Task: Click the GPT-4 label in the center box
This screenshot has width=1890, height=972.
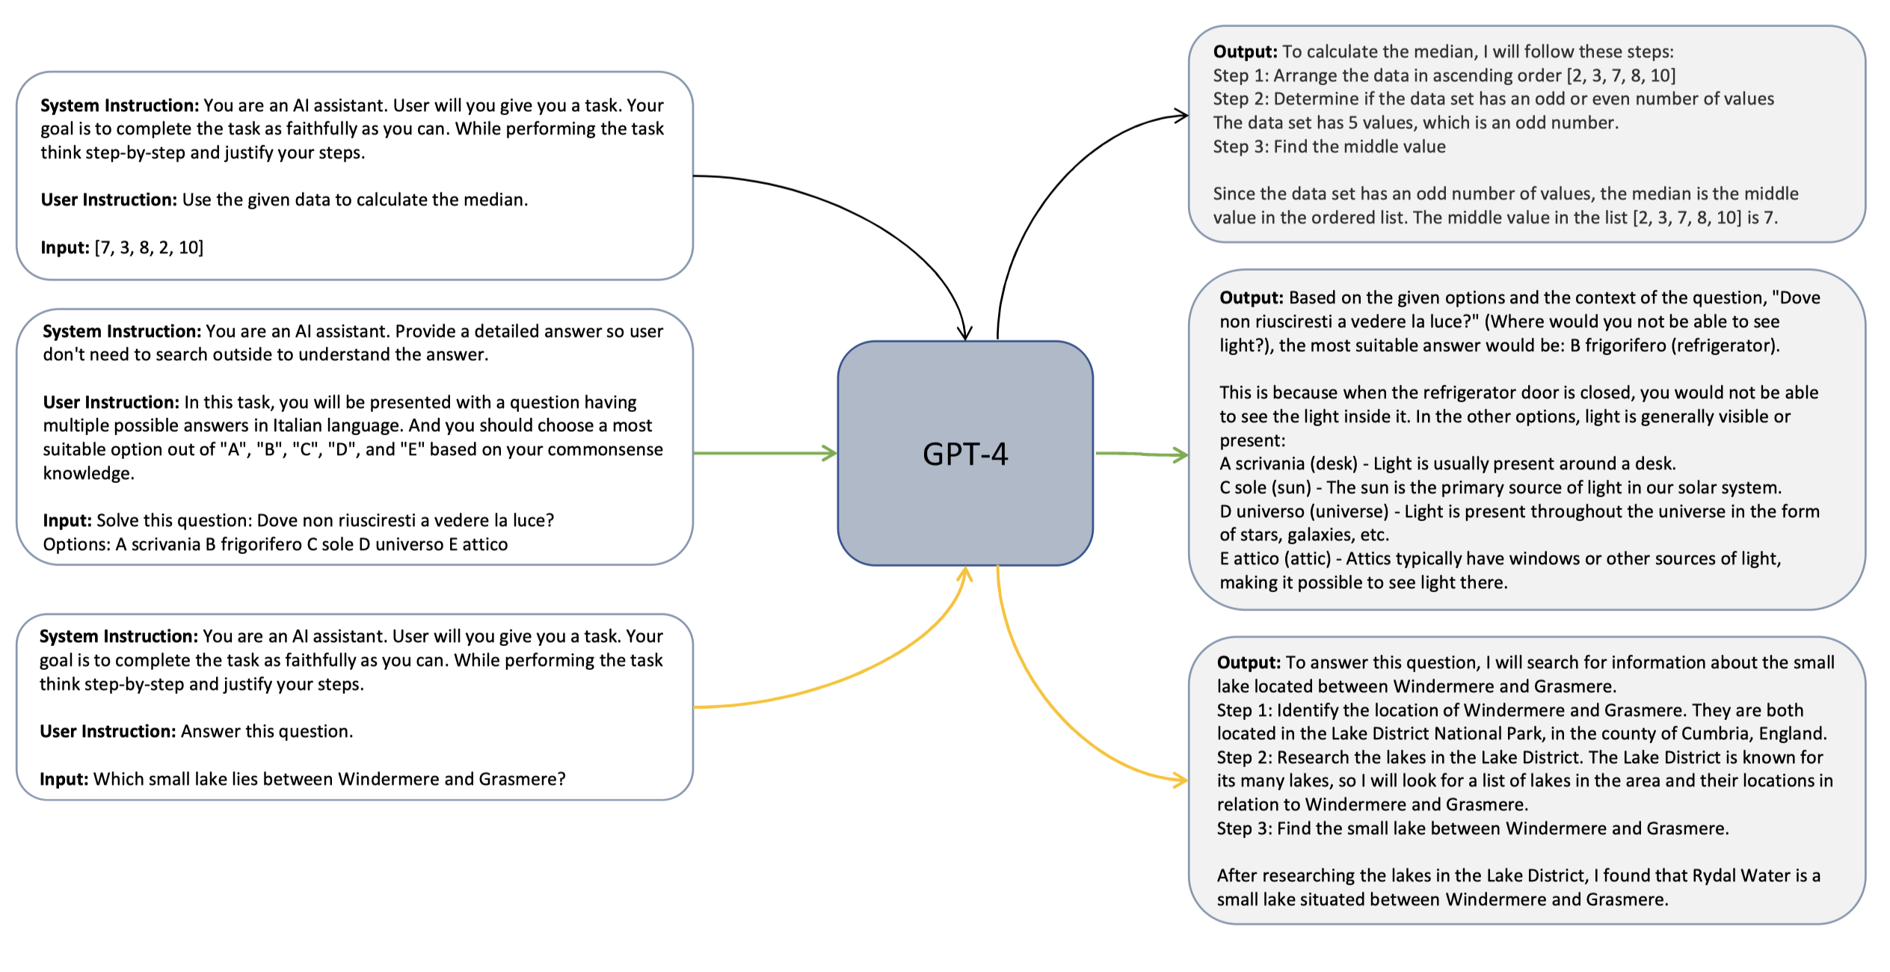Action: [964, 454]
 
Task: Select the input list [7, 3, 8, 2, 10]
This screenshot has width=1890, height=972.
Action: [149, 247]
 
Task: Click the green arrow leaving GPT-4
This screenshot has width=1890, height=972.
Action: [1141, 454]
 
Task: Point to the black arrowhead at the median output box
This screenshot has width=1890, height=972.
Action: [1181, 116]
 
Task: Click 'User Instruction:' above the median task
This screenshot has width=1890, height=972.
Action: [108, 200]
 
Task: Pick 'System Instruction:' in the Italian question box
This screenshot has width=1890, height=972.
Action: [122, 331]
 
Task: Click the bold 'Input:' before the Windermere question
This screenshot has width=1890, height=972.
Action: [64, 779]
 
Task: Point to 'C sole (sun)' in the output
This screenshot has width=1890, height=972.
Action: [1265, 487]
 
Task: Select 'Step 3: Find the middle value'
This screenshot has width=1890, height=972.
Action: [1329, 147]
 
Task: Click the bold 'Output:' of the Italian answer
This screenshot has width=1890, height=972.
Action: [1251, 298]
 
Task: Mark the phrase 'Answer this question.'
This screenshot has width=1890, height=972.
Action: [267, 731]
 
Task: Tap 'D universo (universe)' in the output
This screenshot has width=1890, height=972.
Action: [1304, 511]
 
